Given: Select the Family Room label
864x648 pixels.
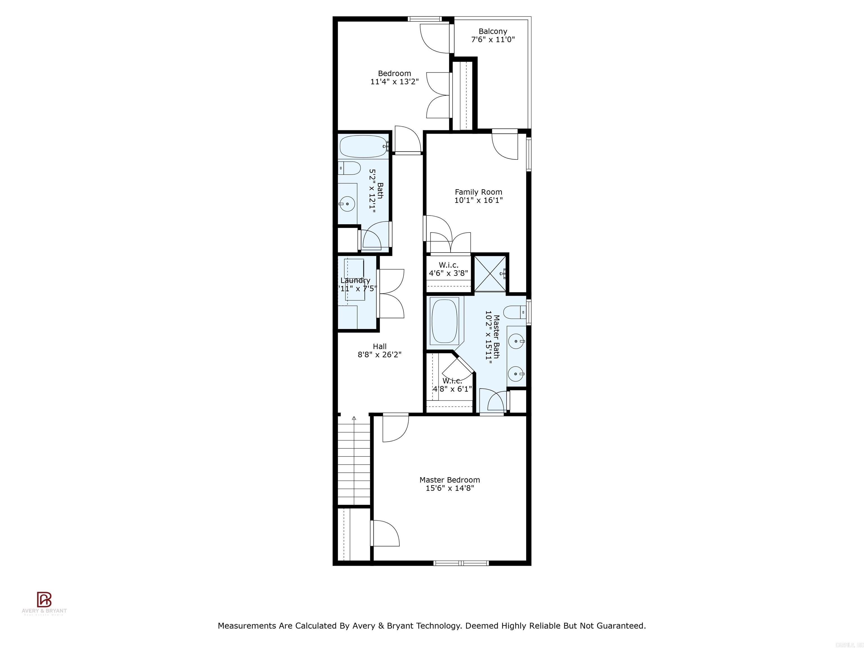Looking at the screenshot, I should tap(478, 192).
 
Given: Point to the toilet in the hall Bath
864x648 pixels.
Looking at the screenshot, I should tap(350, 169).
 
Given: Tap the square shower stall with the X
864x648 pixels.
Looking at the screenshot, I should tap(490, 273).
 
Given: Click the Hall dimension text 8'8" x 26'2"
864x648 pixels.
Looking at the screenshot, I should tap(379, 355).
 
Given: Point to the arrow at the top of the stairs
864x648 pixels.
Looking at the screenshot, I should tap(354, 418).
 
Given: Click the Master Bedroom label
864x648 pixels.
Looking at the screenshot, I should tap(449, 480).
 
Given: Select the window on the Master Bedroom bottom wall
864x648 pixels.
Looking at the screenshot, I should tap(461, 563).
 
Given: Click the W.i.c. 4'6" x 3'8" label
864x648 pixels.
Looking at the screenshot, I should tap(448, 265).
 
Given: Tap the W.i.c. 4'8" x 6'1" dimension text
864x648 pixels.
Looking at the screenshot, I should tap(452, 389).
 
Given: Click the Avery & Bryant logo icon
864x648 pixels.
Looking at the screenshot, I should tap(44, 599).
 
